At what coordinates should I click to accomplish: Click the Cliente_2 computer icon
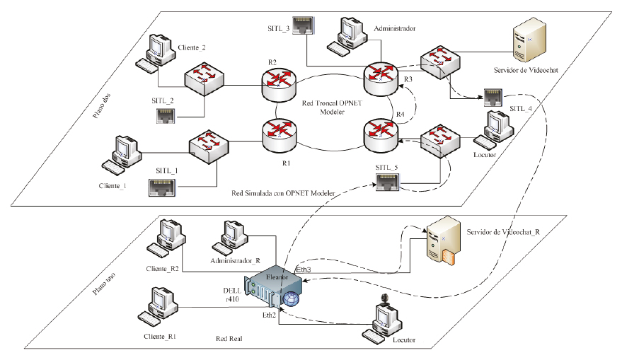coord(159,52)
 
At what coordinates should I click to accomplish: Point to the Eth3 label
coord(303,269)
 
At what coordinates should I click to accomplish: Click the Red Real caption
coord(229,339)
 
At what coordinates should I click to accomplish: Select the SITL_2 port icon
coord(165,115)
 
